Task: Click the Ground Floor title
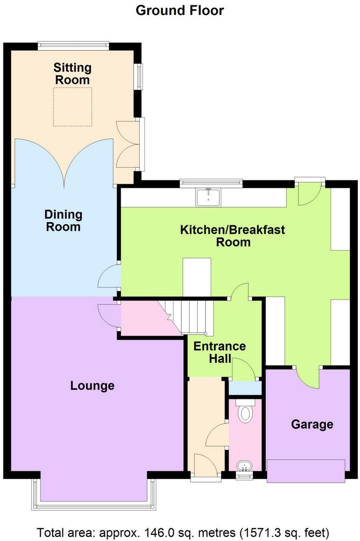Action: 180,10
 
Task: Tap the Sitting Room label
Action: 72,74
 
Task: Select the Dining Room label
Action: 63,220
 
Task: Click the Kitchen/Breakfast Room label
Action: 232,236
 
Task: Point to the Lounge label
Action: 92,385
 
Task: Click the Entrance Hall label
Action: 219,352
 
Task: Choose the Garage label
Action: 312,424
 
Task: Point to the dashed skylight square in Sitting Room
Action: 72,107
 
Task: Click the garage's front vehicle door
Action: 306,471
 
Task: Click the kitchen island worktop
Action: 197,277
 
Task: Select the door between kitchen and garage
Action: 308,378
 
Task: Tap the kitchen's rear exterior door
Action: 309,193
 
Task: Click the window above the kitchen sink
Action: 211,183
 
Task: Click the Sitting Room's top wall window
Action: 73,46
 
